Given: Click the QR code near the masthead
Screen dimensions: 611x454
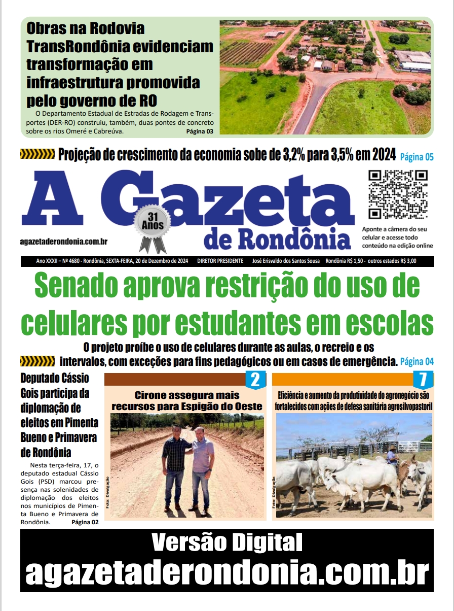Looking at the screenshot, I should (398, 194).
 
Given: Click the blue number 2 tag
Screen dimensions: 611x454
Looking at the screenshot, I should (255, 380).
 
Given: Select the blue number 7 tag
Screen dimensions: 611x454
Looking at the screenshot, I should (423, 380).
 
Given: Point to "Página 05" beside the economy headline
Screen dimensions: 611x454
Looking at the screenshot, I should (417, 157).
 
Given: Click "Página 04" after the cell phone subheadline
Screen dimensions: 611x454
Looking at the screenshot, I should (417, 362).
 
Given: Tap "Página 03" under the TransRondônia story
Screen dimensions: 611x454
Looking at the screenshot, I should (200, 131).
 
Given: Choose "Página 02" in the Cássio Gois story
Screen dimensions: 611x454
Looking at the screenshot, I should (85, 522).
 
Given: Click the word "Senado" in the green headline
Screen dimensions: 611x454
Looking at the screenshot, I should (99, 288).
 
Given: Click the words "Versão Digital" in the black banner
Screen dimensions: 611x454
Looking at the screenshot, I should (227, 543).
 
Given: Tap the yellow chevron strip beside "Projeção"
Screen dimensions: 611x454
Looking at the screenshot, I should (37, 154).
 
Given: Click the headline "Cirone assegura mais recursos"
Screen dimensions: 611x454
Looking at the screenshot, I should (186, 400).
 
